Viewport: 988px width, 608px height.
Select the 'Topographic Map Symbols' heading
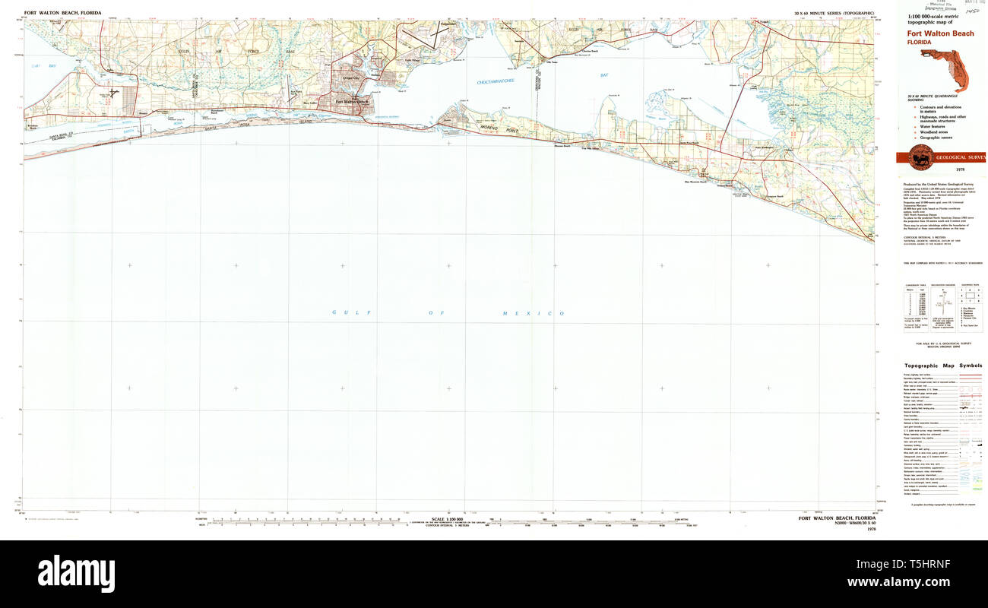point(942,366)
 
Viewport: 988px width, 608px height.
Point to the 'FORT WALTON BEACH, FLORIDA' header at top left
point(62,13)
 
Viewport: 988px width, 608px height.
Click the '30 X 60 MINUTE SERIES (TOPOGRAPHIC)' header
point(834,14)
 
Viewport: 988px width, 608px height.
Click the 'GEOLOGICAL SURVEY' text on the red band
point(960,157)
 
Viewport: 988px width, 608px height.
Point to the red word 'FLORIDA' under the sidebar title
point(920,43)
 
